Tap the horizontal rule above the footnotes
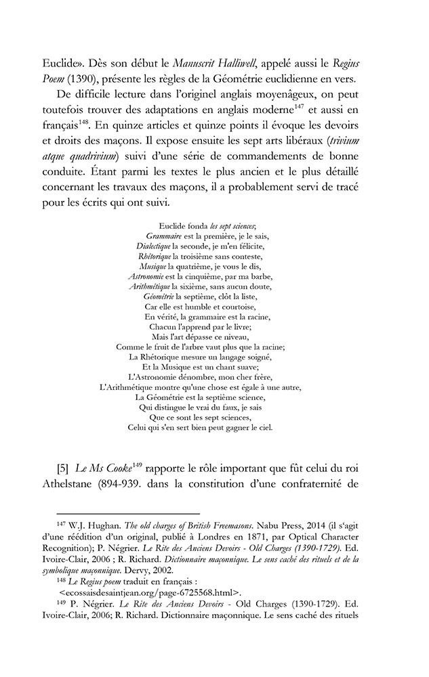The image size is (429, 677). (x=128, y=514)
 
